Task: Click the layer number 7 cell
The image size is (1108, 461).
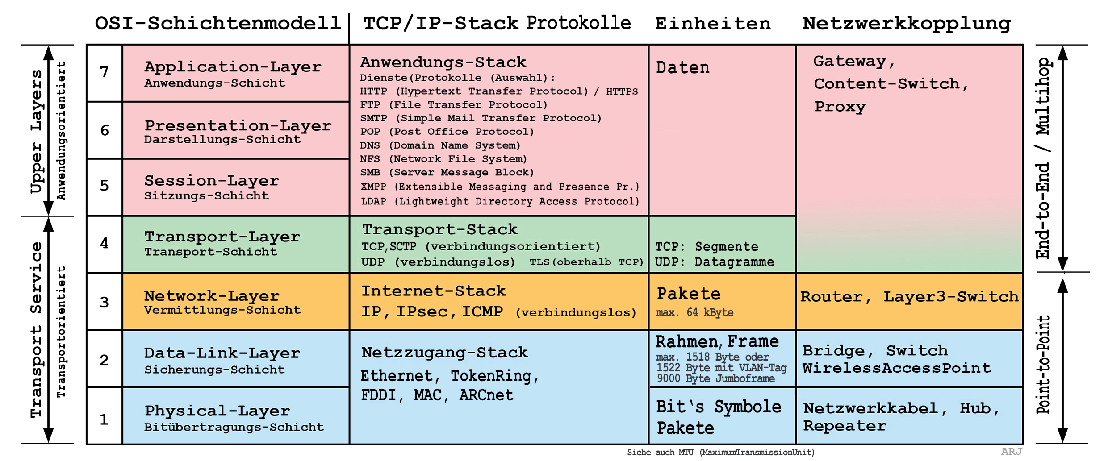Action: [x=104, y=72]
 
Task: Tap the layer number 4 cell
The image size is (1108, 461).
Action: [x=104, y=244]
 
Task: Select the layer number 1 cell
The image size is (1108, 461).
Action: [x=104, y=419]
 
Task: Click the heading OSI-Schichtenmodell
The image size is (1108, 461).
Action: [x=218, y=23]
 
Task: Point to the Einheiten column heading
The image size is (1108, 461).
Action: [x=713, y=24]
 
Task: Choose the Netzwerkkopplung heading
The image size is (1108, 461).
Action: [x=907, y=23]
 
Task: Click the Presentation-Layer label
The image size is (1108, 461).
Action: [x=238, y=125]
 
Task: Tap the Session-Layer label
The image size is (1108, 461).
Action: [x=211, y=181]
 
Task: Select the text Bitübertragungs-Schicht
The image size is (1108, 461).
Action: [x=234, y=427]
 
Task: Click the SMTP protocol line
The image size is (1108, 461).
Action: [x=481, y=118]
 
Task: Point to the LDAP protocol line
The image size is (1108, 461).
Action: [x=500, y=201]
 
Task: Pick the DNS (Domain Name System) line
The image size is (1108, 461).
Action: [x=440, y=145]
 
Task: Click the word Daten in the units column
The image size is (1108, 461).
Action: [x=682, y=68]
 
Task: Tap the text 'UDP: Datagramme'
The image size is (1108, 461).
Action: [x=715, y=262]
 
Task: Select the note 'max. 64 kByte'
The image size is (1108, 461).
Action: [x=694, y=312]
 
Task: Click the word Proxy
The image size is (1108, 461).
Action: [x=840, y=107]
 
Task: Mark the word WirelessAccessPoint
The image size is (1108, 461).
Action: [x=896, y=368]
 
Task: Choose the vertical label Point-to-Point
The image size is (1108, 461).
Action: [x=1044, y=365]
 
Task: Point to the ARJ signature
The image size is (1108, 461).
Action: [x=1011, y=452]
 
